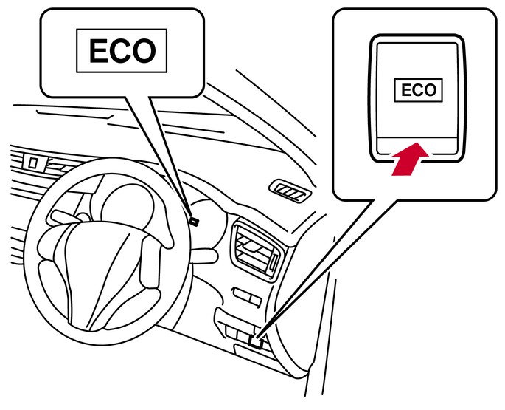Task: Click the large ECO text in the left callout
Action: click(122, 51)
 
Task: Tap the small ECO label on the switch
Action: click(418, 90)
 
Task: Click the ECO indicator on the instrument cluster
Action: click(193, 220)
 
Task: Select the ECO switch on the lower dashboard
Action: click(256, 341)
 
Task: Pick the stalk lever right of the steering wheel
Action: click(205, 256)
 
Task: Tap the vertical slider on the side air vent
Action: click(274, 262)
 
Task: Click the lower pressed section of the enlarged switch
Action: click(417, 148)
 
